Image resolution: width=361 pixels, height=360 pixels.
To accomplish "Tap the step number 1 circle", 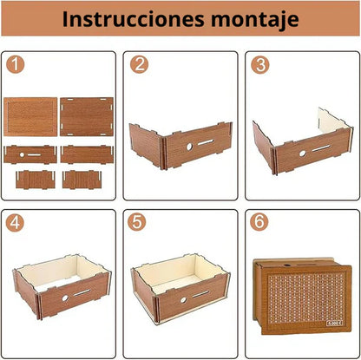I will click(14, 64).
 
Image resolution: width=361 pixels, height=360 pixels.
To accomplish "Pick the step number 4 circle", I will click(14, 222).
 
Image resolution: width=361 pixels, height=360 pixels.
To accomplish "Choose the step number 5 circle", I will click(136, 222).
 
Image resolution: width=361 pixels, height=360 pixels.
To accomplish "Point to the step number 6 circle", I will click(258, 222).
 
